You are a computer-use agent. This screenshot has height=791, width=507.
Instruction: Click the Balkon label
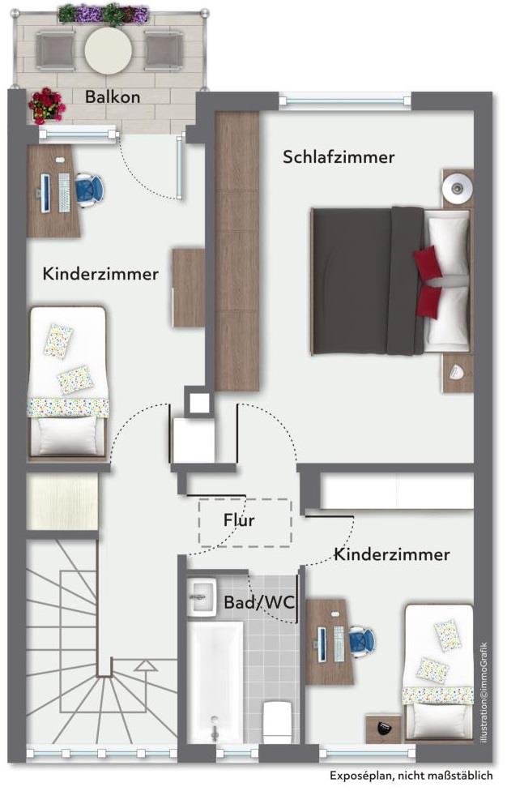click(113, 96)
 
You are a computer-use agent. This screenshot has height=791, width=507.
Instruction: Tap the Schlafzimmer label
click(339, 157)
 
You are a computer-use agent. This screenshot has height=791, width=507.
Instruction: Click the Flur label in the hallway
click(239, 519)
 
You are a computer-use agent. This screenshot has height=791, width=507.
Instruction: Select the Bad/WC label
click(259, 602)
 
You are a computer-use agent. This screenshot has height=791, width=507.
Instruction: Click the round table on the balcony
click(109, 50)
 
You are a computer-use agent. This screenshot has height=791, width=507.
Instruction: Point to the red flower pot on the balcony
click(46, 105)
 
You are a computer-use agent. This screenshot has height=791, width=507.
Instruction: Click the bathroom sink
click(202, 596)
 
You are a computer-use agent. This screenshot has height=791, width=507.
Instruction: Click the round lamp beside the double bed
click(457, 188)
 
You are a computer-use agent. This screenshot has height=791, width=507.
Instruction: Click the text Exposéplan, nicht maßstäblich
click(411, 775)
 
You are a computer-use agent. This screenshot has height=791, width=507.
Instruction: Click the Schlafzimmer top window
click(345, 101)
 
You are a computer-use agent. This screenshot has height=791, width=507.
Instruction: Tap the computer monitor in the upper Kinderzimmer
click(45, 193)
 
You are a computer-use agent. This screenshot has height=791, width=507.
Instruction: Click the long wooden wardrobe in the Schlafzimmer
click(236, 250)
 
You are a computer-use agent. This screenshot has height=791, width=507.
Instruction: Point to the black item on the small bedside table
click(384, 728)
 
